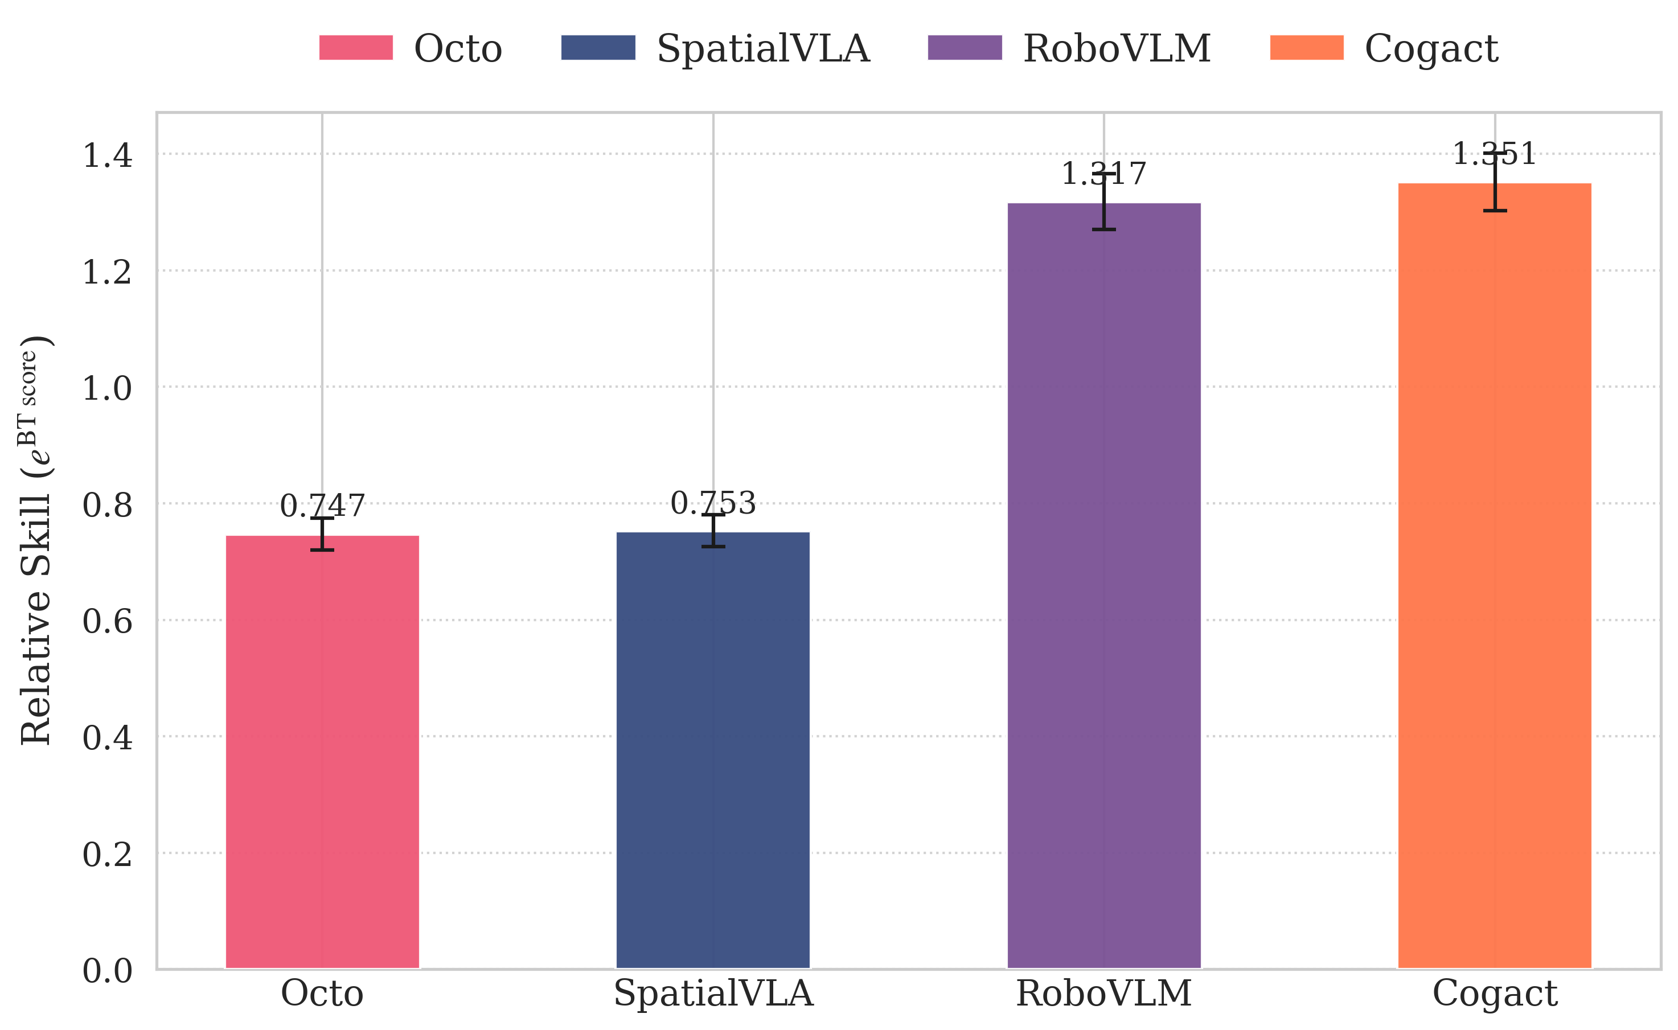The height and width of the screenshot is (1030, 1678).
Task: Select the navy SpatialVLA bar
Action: (713, 749)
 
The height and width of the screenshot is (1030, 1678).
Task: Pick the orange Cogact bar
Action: (1494, 576)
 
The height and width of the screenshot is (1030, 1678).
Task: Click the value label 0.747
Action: (322, 506)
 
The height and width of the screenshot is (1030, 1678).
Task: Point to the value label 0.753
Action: (713, 503)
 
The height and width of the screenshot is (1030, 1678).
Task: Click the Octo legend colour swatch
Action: (356, 48)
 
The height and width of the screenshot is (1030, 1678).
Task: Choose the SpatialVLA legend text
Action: (763, 49)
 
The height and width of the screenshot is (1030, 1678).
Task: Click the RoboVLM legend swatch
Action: (964, 48)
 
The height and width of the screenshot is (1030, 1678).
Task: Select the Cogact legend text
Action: (1431, 49)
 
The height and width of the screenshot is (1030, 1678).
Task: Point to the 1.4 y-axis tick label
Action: (107, 155)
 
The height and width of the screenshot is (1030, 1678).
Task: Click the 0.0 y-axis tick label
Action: (107, 971)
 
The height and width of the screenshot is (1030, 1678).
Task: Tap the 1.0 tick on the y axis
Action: (107, 388)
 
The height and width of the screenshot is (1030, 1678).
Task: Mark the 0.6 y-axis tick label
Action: (107, 621)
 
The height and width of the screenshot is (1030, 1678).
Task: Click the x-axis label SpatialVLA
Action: (713, 993)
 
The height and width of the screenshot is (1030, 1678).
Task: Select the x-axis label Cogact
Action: (1494, 993)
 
